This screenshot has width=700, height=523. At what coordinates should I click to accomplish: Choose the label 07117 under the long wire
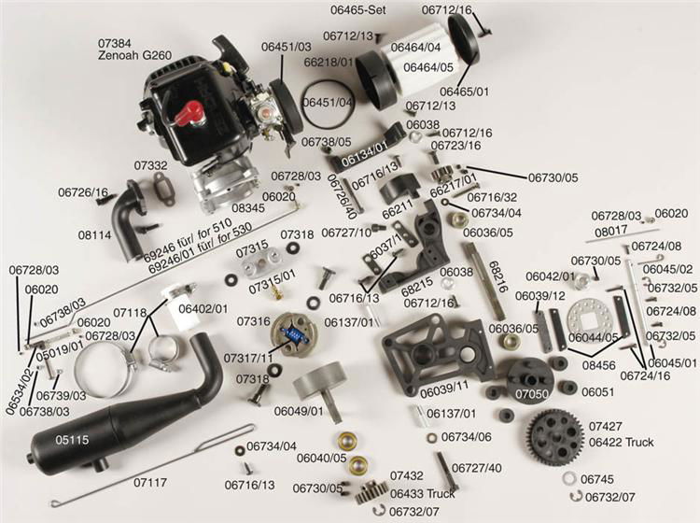[x=150, y=483]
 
